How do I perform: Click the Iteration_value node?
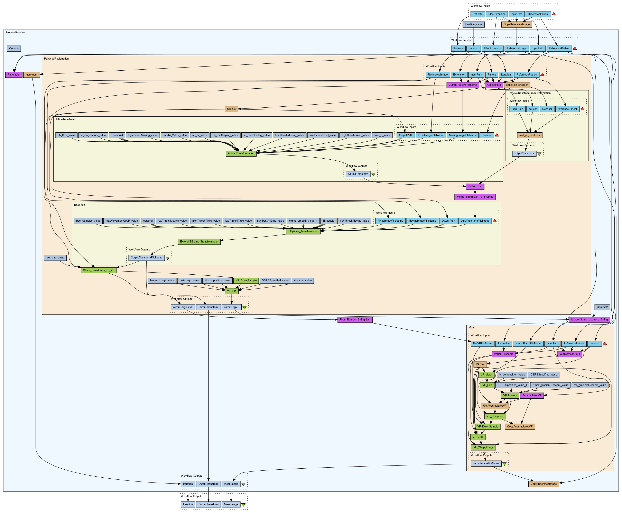(x=474, y=24)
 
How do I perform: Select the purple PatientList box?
(x=14, y=74)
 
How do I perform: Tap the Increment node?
(x=31, y=74)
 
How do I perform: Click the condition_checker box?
(x=517, y=85)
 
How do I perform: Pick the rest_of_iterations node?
(x=529, y=135)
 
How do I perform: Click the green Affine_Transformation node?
(x=241, y=153)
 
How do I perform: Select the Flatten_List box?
(x=475, y=186)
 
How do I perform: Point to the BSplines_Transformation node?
(x=303, y=231)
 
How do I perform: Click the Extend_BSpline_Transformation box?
(x=199, y=241)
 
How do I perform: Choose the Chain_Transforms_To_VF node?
(x=99, y=270)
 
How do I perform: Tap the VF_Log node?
(x=232, y=291)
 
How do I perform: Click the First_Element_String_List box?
(x=355, y=319)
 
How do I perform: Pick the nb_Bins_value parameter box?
(x=66, y=135)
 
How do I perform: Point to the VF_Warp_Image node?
(x=483, y=447)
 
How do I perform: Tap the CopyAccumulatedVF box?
(x=520, y=426)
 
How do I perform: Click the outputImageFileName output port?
(x=486, y=463)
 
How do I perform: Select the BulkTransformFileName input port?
(x=475, y=221)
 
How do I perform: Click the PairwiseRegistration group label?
(x=56, y=59)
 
